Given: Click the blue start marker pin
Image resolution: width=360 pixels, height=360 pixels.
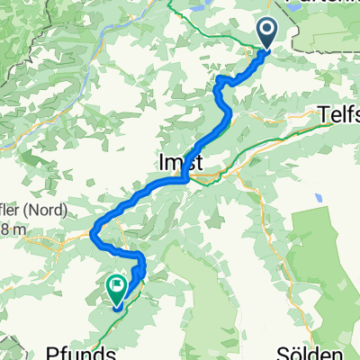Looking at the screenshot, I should pyautogui.click(x=269, y=34).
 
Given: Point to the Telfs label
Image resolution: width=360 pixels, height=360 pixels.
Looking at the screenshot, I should pyautogui.click(x=339, y=115).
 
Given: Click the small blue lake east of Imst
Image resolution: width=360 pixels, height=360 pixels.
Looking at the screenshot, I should pyautogui.click(x=317, y=197).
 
